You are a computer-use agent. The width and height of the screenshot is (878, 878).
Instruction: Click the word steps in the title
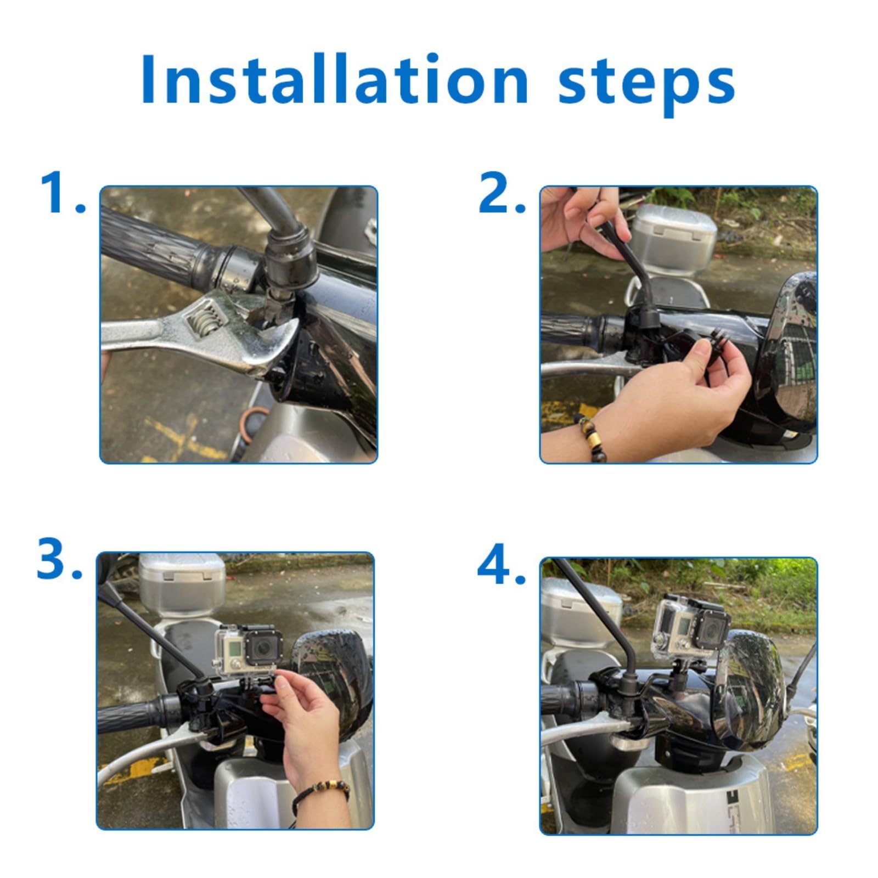point(646,85)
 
